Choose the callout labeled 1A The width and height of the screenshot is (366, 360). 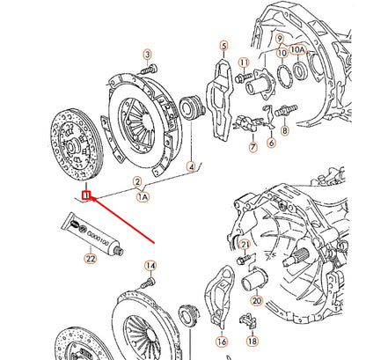coord(142,199)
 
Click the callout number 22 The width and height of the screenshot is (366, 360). coord(90,259)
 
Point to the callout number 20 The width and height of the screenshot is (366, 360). coord(256,299)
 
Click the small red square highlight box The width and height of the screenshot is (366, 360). coord(85,195)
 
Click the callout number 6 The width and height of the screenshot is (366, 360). coord(271,142)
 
